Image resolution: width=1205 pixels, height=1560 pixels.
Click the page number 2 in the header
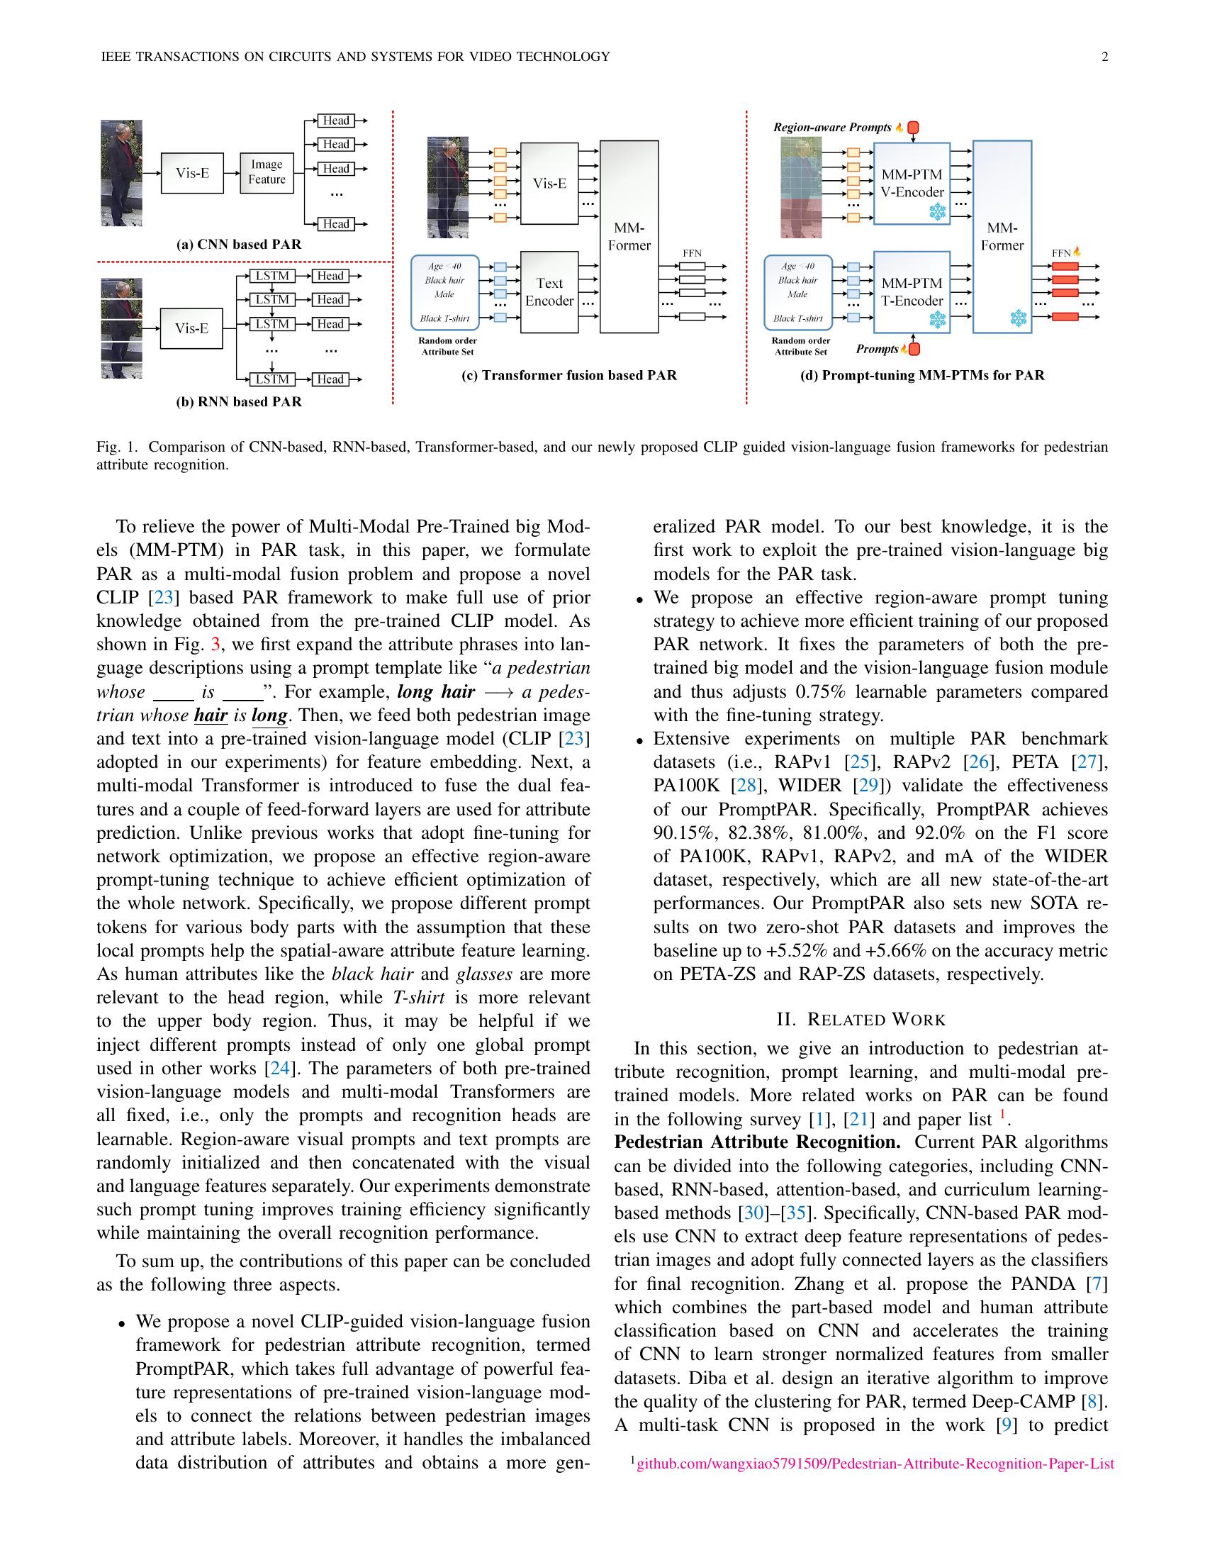[1104, 57]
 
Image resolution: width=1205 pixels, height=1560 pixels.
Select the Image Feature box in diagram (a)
[267, 172]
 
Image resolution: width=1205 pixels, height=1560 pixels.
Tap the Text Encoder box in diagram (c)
[549, 292]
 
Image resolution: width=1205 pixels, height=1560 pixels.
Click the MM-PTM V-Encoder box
[912, 184]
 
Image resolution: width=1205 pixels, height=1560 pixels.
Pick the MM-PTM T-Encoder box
[912, 292]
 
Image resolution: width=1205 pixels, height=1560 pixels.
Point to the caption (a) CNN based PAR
[238, 245]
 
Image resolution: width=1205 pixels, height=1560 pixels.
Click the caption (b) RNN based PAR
[238, 401]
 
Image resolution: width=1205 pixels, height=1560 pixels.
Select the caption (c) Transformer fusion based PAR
[569, 375]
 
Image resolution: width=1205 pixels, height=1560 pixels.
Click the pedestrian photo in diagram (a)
[121, 173]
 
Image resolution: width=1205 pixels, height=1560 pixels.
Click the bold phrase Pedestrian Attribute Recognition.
[757, 1142]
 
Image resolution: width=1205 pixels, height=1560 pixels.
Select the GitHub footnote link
[875, 1464]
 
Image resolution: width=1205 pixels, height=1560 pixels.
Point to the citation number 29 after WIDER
[868, 786]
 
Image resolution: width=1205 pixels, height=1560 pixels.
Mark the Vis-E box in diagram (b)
[191, 328]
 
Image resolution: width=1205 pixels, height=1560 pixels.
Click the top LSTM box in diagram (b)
[272, 277]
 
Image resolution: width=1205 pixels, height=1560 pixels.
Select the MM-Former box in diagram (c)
[628, 236]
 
